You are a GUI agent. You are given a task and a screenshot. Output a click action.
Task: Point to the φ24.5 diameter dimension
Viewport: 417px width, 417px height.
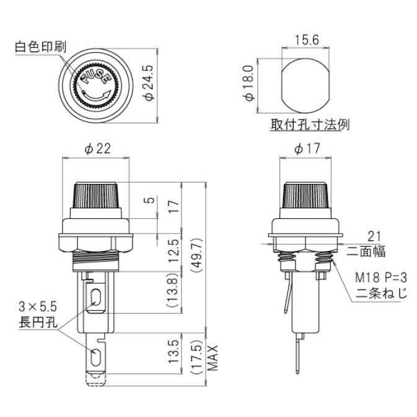coord(147,82)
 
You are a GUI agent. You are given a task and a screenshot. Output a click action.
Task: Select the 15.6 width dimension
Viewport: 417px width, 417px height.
coord(306,40)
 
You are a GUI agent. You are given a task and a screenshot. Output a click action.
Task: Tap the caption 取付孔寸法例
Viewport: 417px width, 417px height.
coord(310,125)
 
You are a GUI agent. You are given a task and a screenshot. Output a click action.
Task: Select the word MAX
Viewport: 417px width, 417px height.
coord(214,358)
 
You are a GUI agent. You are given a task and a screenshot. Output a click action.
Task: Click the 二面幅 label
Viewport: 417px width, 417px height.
coord(364,252)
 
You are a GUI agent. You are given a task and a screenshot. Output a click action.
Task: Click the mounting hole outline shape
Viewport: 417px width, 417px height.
coord(306,82)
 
